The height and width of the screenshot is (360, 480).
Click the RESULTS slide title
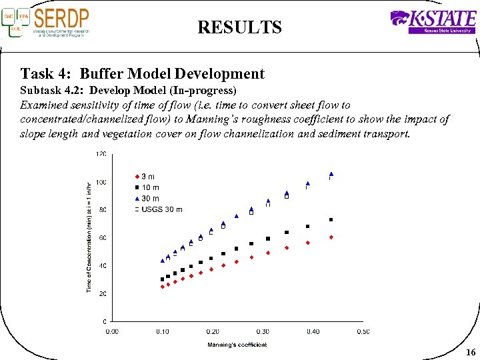pos(239,27)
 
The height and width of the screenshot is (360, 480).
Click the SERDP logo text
pos(61,18)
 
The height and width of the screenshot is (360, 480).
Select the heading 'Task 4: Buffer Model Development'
pos(143,74)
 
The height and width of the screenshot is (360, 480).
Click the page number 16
pos(471,352)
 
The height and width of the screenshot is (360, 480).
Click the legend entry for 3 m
pos(147,177)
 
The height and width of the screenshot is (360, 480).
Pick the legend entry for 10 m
pos(149,187)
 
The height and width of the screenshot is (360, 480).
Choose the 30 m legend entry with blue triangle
pos(149,198)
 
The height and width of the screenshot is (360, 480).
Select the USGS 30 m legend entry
pos(160,209)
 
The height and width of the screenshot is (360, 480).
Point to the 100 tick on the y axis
pos(102,182)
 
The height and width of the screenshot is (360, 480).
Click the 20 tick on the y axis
pos(103,293)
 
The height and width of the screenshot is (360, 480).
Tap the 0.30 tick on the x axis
pos(263,331)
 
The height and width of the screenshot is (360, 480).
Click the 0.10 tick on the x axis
pos(162,331)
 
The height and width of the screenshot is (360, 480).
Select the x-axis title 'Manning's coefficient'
pos(237,345)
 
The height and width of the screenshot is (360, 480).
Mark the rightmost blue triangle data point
pos(331,174)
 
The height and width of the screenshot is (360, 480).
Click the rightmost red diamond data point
pos(331,237)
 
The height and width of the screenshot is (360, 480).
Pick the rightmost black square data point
pos(331,220)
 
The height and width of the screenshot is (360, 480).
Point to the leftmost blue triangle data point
pos(162,261)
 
